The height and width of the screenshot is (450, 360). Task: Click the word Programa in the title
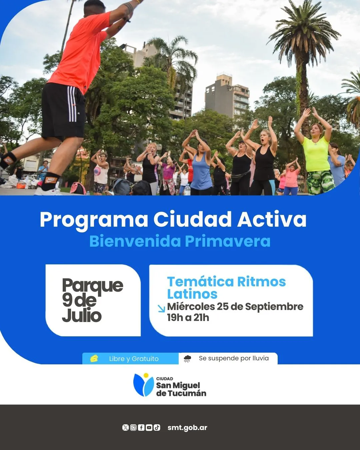coord(94,220)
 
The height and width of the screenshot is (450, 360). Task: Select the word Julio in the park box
coord(82,315)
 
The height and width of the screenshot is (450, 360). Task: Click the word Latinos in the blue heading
coord(192,294)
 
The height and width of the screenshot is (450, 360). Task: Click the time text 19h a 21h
coord(188,317)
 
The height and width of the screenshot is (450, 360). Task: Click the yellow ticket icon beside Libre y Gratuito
coord(94,358)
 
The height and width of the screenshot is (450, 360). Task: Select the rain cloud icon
coord(188,359)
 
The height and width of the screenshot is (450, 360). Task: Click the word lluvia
coord(260,358)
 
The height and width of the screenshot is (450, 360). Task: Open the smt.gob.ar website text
coord(187,428)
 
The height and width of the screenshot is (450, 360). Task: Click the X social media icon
coord(125,428)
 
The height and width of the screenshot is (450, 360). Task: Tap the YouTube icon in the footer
coord(149,428)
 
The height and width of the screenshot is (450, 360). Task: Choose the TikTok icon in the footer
coord(157,428)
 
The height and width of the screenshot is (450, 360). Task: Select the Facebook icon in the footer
coord(141,428)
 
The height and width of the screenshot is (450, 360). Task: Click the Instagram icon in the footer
coord(133,428)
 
